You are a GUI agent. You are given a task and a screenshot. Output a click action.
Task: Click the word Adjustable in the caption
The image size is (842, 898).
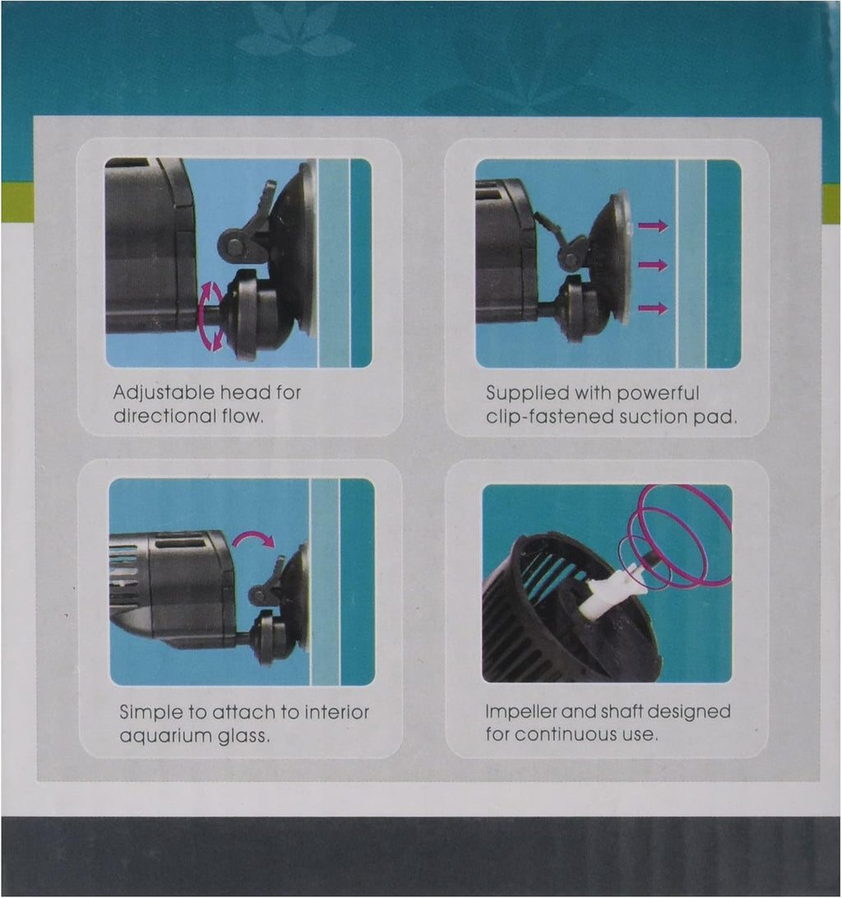pos(164,393)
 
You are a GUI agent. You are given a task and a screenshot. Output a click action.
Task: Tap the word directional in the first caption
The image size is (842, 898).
pos(157,416)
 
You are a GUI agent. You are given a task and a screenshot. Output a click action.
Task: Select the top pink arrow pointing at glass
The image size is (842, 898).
pos(654,225)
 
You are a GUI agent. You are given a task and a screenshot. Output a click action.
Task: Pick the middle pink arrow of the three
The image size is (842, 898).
pos(654,265)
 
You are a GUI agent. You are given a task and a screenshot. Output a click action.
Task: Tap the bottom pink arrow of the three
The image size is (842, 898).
pos(654,308)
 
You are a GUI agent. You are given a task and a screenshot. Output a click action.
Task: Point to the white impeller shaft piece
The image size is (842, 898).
pos(610,589)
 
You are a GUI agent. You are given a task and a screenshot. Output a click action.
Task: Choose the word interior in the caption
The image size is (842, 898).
pos(336,712)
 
